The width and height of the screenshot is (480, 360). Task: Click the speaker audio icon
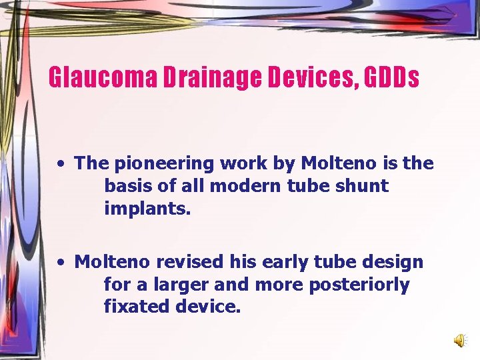click(460, 341)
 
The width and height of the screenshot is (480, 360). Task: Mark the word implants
click(147, 209)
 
